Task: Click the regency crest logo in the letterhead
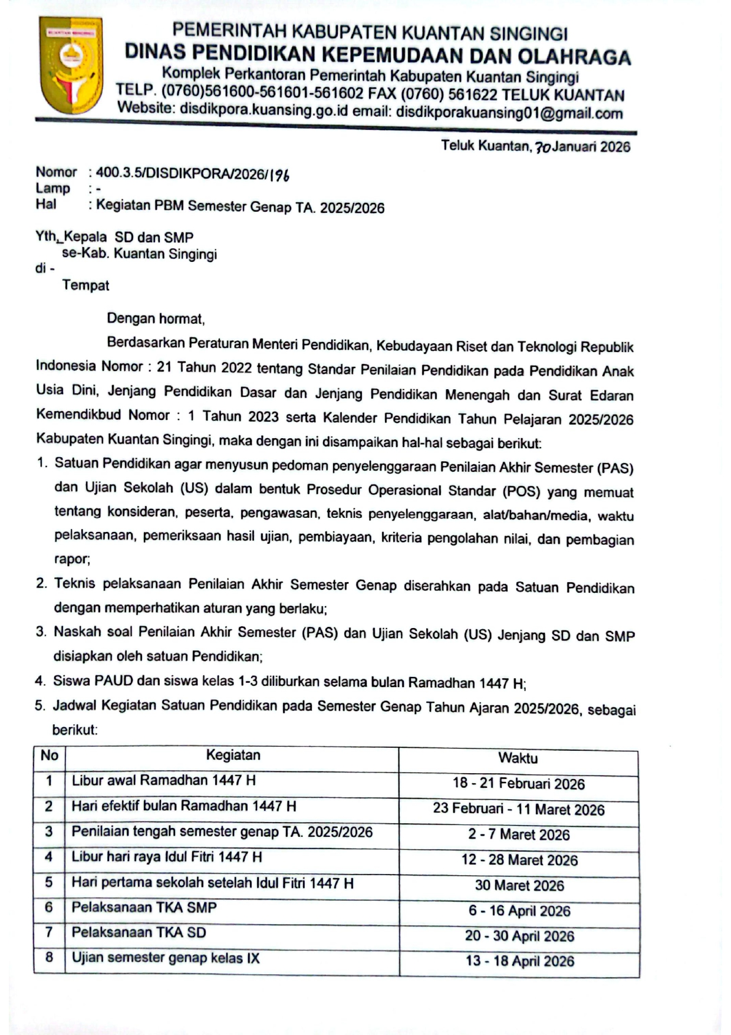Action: click(70, 65)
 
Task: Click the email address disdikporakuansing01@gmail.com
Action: click(509, 113)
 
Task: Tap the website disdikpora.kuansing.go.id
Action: click(264, 110)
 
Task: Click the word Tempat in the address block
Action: click(85, 285)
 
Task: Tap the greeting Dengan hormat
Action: click(156, 319)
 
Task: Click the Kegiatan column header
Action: click(233, 755)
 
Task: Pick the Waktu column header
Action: click(518, 758)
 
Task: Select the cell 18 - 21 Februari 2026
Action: click(518, 784)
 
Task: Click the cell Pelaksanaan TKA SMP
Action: click(144, 908)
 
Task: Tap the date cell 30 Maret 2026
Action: click(519, 886)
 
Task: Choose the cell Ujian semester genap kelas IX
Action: click(166, 958)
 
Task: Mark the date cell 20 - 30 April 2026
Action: click(519, 937)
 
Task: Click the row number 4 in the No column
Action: click(49, 857)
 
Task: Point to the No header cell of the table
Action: click(49, 755)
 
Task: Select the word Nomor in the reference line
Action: click(56, 172)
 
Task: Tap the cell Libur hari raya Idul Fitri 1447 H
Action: click(167, 857)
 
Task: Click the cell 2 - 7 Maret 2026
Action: click(519, 835)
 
